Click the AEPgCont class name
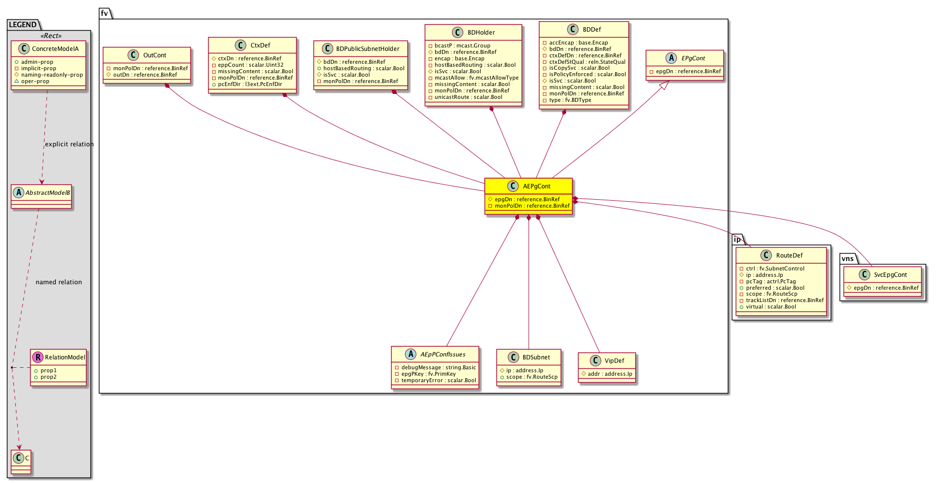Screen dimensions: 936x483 tap(536, 186)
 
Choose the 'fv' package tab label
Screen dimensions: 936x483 tap(104, 13)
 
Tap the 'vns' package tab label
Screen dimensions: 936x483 tap(847, 259)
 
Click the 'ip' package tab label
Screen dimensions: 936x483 tap(737, 240)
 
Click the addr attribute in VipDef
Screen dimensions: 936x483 tap(607, 374)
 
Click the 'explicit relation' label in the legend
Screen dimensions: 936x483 tap(69, 144)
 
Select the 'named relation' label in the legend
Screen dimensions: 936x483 tap(59, 282)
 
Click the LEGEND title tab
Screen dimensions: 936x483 tap(23, 25)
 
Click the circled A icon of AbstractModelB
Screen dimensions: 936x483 tap(18, 192)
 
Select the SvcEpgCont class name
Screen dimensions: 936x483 tap(890, 275)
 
